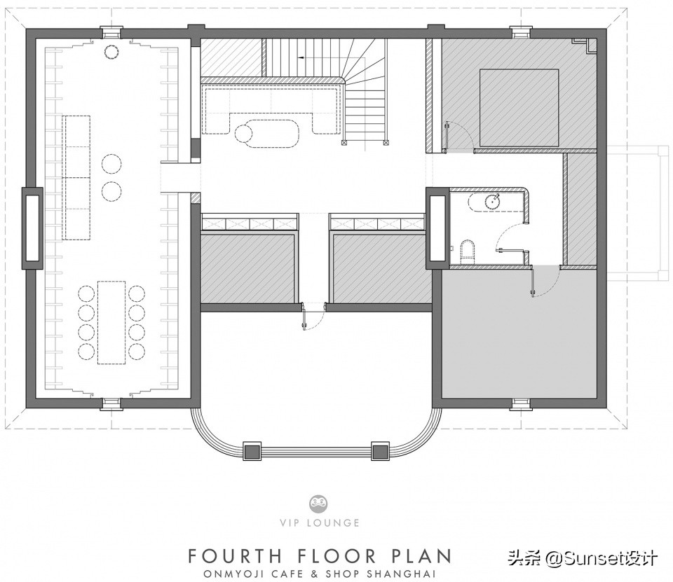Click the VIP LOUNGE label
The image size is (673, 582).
point(320,522)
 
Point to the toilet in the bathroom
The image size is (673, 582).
point(467,251)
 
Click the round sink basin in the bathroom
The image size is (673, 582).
point(493,201)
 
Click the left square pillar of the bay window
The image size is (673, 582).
point(252,452)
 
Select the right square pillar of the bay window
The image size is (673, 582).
point(379,452)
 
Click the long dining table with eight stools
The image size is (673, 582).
point(111,323)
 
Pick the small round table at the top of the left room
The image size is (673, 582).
point(111,52)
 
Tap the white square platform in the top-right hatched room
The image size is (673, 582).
point(519,107)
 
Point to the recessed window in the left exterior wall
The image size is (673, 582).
point(32,228)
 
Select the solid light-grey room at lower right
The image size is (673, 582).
point(519,333)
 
